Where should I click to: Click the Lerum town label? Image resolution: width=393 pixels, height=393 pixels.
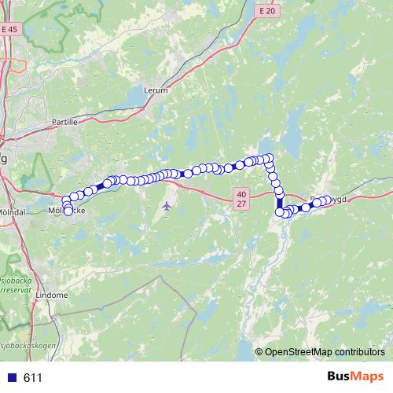tap(156, 90)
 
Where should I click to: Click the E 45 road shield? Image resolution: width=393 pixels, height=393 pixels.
tap(9, 29)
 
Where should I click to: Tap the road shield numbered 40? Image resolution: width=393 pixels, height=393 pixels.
tap(241, 193)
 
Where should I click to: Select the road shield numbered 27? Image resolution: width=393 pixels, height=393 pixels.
tap(241, 203)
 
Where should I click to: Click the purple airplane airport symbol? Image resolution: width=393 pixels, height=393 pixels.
tap(166, 206)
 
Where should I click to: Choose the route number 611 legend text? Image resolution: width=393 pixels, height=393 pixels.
tap(33, 378)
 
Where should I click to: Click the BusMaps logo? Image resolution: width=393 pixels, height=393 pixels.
tap(354, 377)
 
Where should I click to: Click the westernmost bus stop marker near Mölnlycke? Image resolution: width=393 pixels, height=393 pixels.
tap(65, 199)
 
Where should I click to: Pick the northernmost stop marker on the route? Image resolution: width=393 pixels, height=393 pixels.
tap(269, 157)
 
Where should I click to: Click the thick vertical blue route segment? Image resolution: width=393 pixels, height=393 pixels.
tap(279, 200)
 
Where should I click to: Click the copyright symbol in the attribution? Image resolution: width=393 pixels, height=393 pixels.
tap(259, 351)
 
